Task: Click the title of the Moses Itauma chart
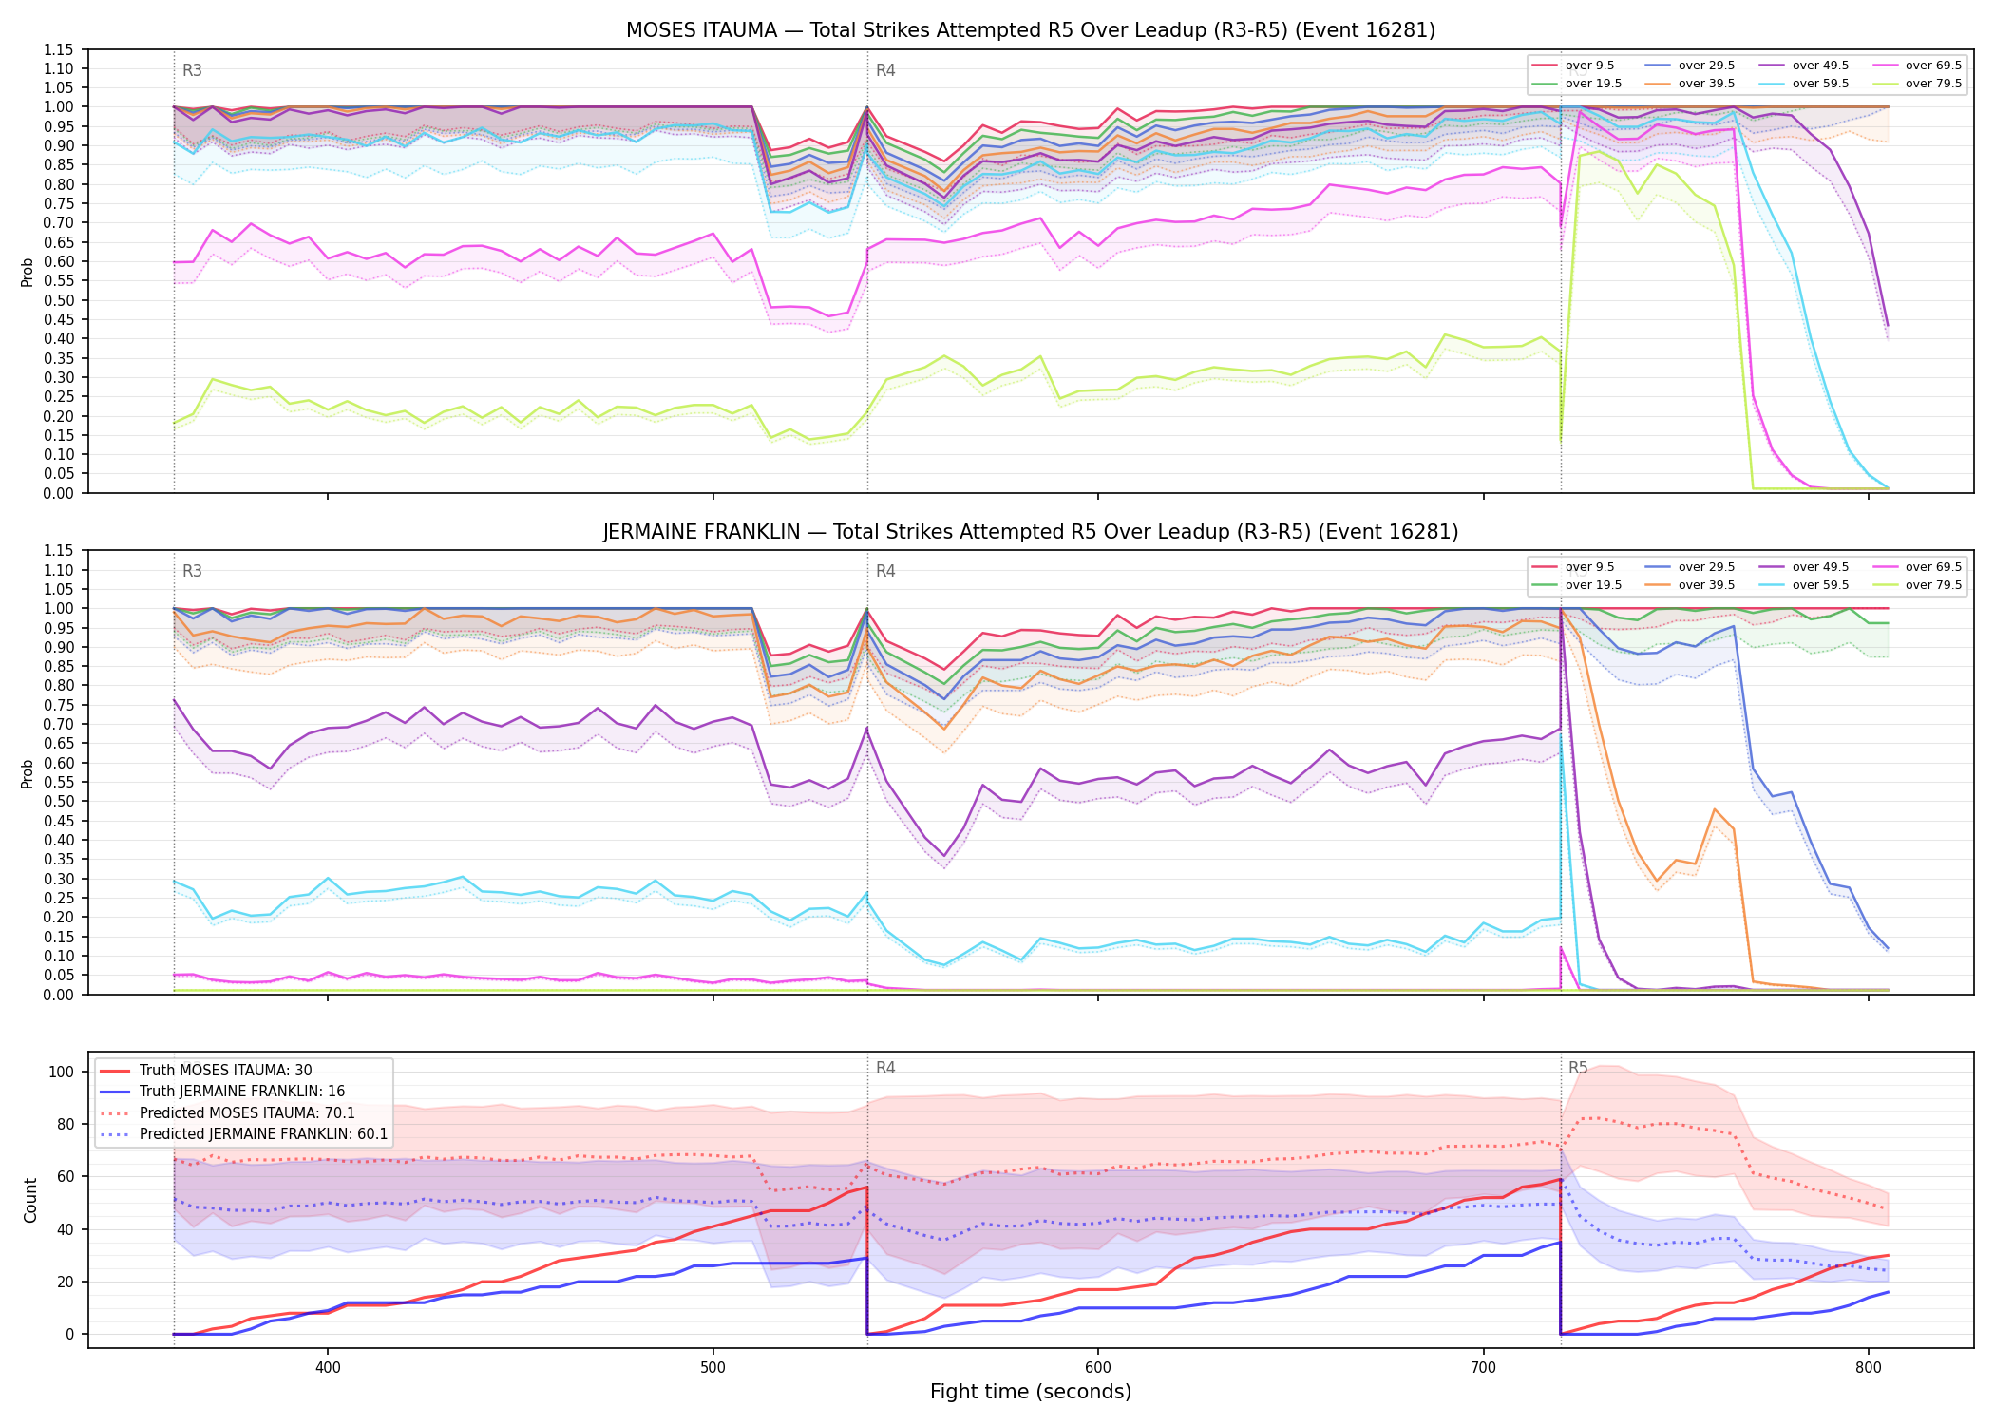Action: [1030, 30]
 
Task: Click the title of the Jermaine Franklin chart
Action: [1030, 532]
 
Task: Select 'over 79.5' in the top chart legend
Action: [1933, 84]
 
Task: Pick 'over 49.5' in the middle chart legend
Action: [1820, 567]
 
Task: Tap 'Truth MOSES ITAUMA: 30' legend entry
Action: [225, 1071]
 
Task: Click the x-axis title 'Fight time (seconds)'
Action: [1031, 1392]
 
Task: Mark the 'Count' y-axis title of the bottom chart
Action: [30, 1200]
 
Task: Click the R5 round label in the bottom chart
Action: [1578, 1068]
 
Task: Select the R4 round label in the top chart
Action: [885, 70]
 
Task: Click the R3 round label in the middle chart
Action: [192, 571]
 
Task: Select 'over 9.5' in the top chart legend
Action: [1589, 66]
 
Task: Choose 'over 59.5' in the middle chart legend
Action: [1820, 585]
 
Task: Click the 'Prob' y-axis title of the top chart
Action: [28, 272]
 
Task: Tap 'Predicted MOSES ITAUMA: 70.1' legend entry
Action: [247, 1113]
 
